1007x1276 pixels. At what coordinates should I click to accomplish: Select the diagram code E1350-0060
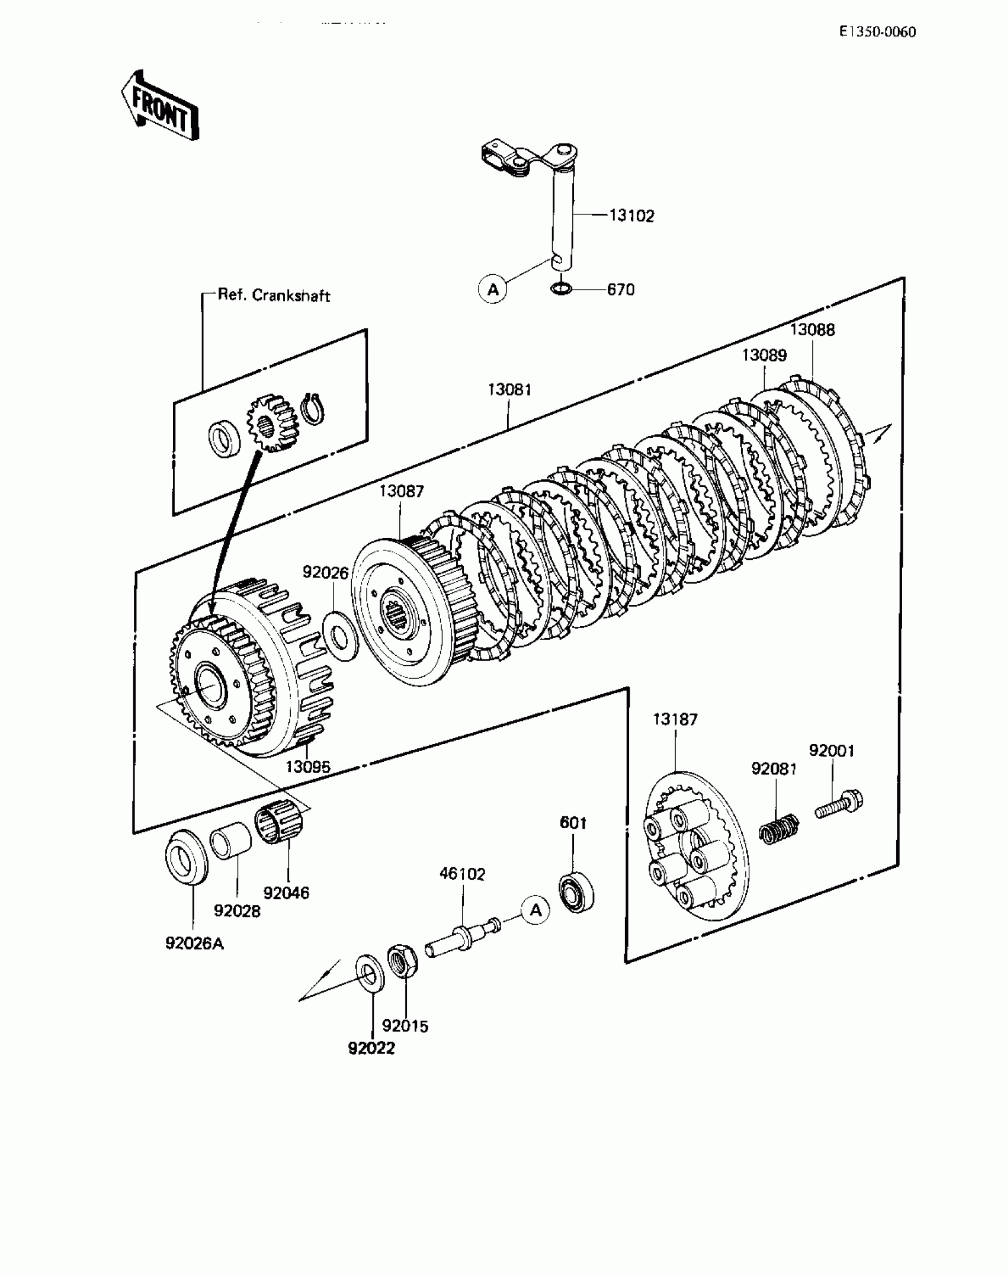(x=877, y=32)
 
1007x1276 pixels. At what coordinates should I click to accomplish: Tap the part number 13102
(x=631, y=216)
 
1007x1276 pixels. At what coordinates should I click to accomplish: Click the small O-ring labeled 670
(x=560, y=289)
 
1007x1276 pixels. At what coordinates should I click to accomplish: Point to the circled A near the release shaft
(x=493, y=290)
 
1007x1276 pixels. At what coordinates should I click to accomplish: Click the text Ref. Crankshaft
(x=274, y=295)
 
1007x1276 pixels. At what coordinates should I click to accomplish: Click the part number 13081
(x=509, y=390)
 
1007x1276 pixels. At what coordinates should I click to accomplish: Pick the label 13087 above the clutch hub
(x=402, y=491)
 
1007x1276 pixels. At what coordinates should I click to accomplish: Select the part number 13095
(x=307, y=767)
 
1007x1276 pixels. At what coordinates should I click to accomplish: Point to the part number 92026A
(x=194, y=943)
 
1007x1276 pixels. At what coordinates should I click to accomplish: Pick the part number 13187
(x=675, y=719)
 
